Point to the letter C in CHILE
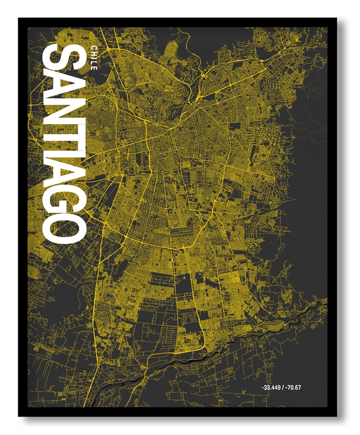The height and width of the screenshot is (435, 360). click(93, 45)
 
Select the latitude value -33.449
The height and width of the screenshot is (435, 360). click(271, 387)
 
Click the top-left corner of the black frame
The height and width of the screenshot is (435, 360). click(20, 19)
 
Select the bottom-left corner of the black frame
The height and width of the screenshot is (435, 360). click(20, 415)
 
